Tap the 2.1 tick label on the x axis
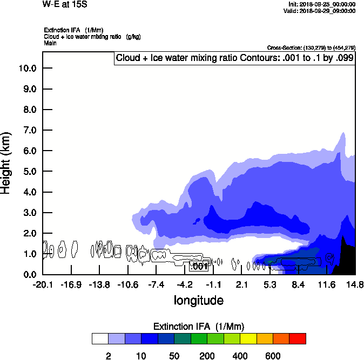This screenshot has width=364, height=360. (242, 285)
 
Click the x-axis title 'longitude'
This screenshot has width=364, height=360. (198, 300)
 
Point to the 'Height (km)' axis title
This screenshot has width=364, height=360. (6, 162)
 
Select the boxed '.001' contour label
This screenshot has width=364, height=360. (199, 266)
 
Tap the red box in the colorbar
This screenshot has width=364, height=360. (298, 338)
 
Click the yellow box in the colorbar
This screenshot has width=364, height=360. (247, 338)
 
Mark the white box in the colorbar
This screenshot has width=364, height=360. (99, 338)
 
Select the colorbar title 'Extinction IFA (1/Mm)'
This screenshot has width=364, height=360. (199, 327)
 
